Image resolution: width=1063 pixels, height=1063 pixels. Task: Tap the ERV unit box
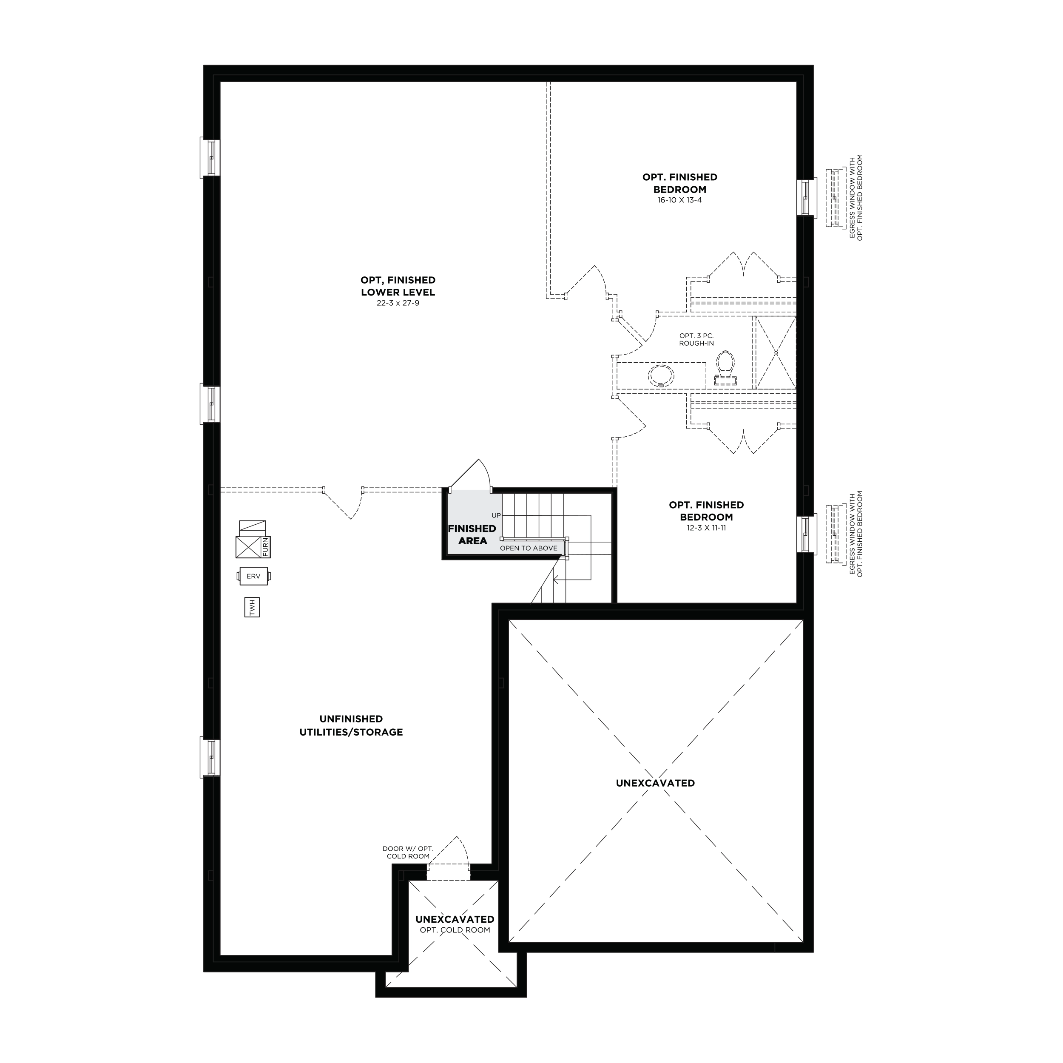pyautogui.click(x=254, y=577)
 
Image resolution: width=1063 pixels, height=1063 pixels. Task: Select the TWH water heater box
pyautogui.click(x=253, y=608)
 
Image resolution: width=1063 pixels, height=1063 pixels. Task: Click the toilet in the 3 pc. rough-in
pyautogui.click(x=725, y=368)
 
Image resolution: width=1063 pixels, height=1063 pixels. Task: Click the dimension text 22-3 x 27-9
pyautogui.click(x=398, y=303)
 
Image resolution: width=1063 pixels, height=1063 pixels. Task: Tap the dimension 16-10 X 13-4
pyautogui.click(x=679, y=200)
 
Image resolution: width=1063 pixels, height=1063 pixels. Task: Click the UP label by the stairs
pyautogui.click(x=496, y=515)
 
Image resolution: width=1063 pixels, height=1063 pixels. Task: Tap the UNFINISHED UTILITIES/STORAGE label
pyautogui.click(x=351, y=725)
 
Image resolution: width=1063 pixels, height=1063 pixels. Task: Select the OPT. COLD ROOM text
pyautogui.click(x=455, y=930)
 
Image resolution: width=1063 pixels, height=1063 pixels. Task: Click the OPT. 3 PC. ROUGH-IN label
pyautogui.click(x=696, y=339)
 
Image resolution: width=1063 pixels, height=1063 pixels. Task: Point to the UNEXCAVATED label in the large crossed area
pyautogui.click(x=655, y=783)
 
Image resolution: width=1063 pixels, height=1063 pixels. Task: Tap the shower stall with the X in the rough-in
pyautogui.click(x=775, y=352)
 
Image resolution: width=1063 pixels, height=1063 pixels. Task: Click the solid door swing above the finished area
pyautogui.click(x=471, y=474)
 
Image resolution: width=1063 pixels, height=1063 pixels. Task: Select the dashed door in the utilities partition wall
pyautogui.click(x=343, y=502)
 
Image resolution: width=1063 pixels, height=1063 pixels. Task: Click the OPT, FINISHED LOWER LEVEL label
pyautogui.click(x=398, y=286)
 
